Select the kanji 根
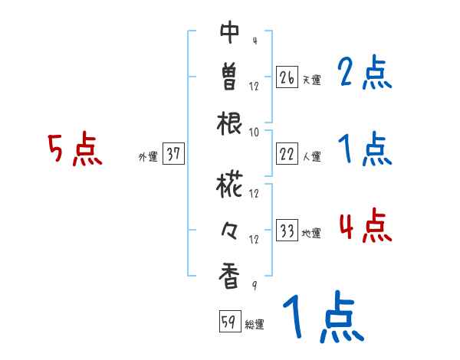230,123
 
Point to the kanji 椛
230,184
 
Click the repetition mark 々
230,229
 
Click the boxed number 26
286,77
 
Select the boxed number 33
286,231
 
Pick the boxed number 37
173,155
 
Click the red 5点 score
74,149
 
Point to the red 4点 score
365,227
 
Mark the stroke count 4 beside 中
254,40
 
